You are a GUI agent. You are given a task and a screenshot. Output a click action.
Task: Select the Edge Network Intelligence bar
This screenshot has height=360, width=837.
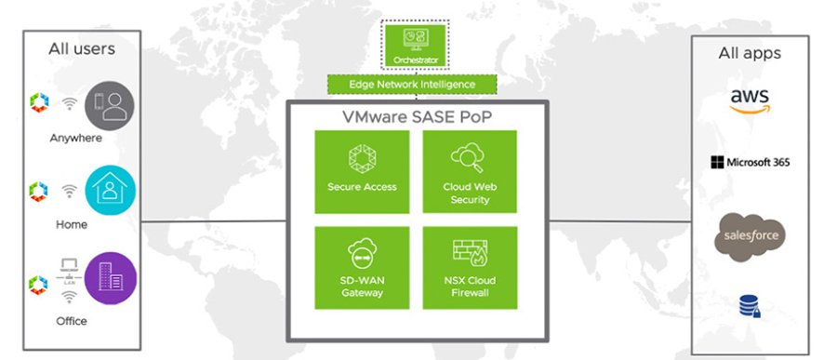click(412, 85)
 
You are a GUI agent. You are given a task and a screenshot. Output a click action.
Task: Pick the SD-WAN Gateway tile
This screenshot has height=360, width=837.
click(362, 267)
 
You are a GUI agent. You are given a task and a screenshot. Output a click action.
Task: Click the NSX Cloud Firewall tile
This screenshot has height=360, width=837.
click(470, 267)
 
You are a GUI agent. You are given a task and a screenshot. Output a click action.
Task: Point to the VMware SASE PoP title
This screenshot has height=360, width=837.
click(415, 118)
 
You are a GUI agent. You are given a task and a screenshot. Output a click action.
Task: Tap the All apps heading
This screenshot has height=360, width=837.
click(750, 53)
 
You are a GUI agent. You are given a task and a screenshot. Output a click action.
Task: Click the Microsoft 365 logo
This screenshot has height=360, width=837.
click(749, 163)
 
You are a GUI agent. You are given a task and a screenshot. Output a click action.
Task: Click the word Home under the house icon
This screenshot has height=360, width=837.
click(71, 224)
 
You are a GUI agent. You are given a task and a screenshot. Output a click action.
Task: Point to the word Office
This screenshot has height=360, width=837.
click(71, 321)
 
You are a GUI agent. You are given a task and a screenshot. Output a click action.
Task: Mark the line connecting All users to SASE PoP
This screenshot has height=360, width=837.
click(213, 220)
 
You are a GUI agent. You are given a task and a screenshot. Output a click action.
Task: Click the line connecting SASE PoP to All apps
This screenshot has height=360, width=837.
click(618, 220)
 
